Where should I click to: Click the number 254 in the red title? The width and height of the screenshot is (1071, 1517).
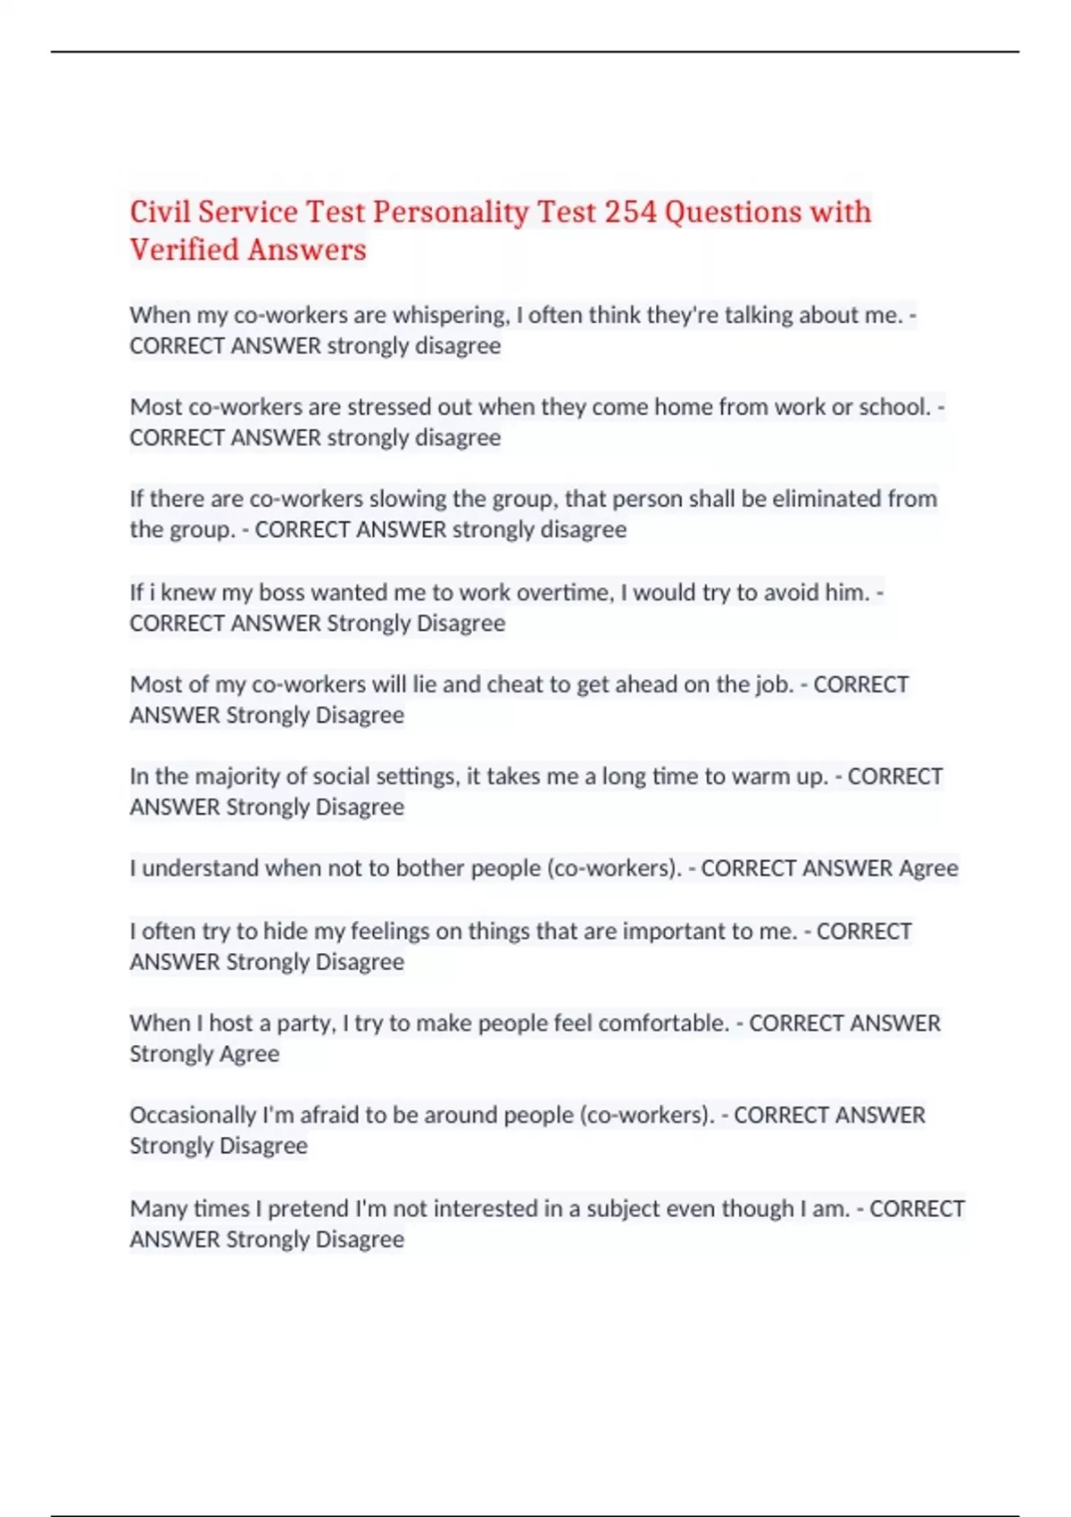[x=630, y=212]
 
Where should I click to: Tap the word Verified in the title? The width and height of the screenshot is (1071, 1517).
[x=185, y=250]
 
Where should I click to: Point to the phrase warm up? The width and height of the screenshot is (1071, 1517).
[x=780, y=776]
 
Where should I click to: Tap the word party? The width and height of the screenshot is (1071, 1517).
[x=306, y=1023]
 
